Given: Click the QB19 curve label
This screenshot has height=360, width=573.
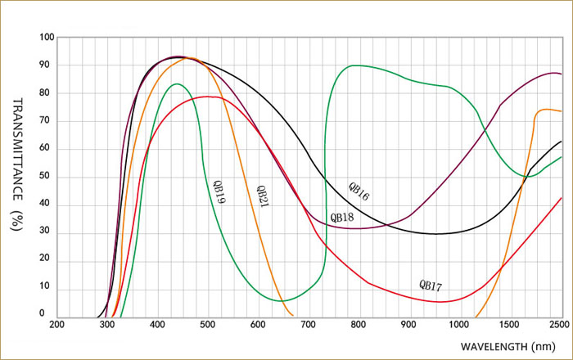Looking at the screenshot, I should tap(219, 190).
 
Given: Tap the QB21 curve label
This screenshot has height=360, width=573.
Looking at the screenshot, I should tap(261, 195).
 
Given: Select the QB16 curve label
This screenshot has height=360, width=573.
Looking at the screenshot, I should tap(359, 191).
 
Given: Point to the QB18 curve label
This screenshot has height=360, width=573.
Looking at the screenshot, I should tap(341, 218).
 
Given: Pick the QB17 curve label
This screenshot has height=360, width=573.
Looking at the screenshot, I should tap(431, 286).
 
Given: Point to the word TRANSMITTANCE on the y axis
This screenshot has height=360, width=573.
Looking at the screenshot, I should tap(18, 151).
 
